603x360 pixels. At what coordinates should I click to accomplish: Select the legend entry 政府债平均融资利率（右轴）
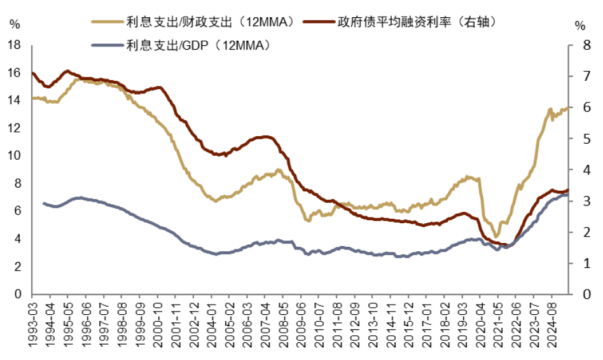tap(411, 22)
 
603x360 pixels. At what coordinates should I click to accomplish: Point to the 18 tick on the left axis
tap(14, 46)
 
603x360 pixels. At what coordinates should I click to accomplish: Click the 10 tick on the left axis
tap(14, 156)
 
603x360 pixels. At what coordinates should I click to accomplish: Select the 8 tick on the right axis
tap(580, 46)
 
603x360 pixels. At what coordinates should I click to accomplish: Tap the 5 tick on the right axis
tap(580, 139)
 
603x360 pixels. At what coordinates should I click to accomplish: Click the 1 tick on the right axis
tap(580, 263)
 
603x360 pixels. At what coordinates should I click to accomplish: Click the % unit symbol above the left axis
tap(15, 25)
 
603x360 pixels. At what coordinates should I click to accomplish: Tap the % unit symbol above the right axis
tap(579, 25)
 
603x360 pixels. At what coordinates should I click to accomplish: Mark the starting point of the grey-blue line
tap(43, 204)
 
